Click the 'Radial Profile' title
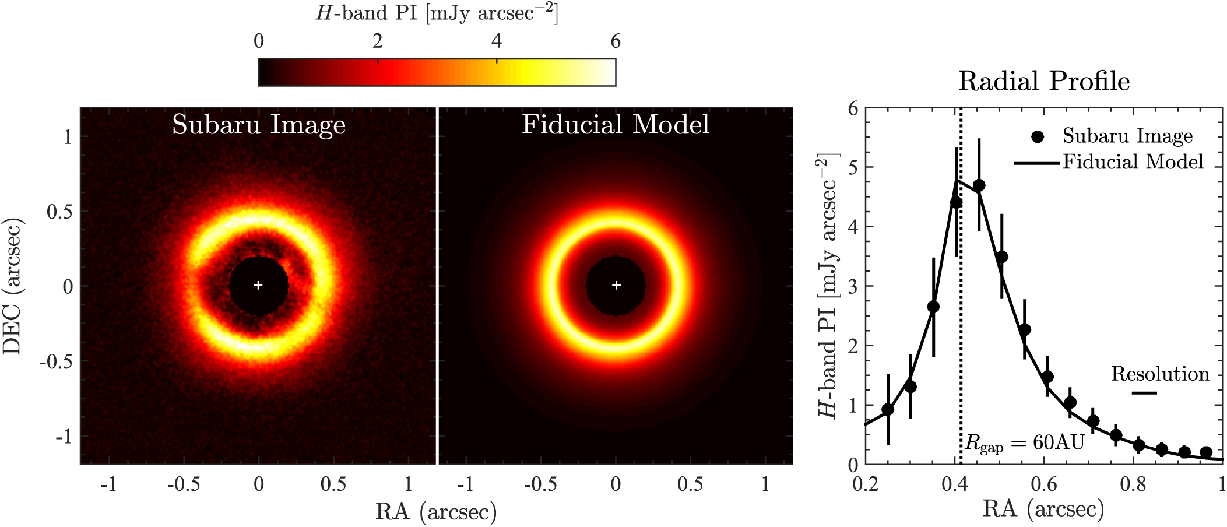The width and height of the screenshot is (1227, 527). pos(1043,82)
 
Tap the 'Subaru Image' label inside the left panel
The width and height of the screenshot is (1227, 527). pos(259,125)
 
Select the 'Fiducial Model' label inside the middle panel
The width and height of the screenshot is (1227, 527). pos(616,125)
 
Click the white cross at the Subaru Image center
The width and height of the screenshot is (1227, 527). pos(258,285)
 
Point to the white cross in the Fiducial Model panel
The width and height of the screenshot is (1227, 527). pos(616,285)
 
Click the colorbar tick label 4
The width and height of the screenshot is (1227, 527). pos(496,41)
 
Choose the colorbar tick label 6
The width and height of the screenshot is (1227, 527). pos(615,41)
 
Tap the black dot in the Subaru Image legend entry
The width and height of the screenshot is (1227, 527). pos(1037,136)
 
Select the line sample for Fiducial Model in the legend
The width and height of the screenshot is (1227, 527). pos(1036,163)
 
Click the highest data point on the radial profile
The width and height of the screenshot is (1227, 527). pos(979,185)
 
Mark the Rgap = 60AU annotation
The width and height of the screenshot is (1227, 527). pos(1025,443)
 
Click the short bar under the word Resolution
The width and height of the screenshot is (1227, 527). pos(1144,393)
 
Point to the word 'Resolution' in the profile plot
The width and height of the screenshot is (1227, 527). pos(1160,374)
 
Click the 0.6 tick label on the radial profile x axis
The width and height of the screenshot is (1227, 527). pos(1043,484)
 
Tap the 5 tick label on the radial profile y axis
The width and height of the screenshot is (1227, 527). pos(853,168)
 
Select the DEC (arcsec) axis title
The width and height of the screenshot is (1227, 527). pos(13,286)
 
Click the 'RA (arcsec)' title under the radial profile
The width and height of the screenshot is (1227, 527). pos(1043,509)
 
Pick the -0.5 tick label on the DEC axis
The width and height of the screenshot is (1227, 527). pos(56,361)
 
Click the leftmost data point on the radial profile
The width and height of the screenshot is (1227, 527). pos(888,410)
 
